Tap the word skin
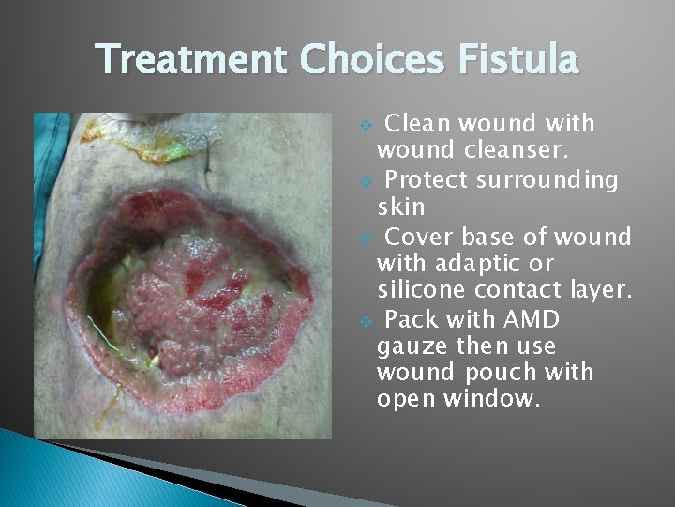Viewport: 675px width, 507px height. pos(400,205)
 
